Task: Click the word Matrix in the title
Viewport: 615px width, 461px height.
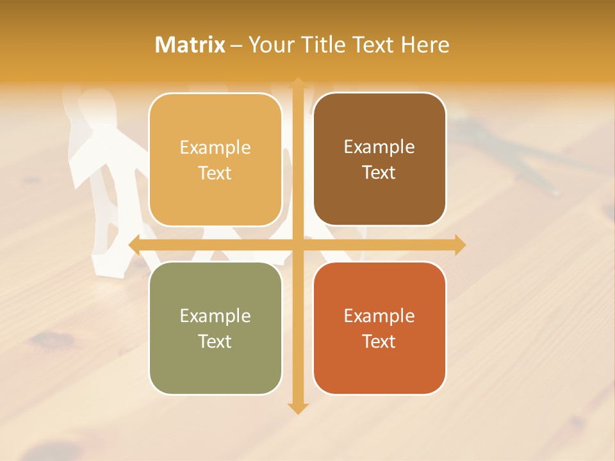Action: click(x=190, y=45)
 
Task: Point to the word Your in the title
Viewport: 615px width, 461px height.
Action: click(x=270, y=45)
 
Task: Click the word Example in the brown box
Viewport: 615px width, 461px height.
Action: click(x=379, y=147)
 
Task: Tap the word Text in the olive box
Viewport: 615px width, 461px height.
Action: click(x=215, y=341)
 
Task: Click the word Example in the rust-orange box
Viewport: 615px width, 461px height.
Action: click(x=379, y=316)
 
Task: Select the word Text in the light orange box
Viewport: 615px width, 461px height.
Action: click(x=215, y=173)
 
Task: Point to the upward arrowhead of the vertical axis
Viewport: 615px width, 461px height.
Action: click(x=297, y=83)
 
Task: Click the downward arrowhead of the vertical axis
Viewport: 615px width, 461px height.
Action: click(x=297, y=408)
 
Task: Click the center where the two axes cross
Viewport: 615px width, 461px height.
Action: click(x=297, y=245)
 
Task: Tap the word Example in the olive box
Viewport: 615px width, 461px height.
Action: click(x=215, y=316)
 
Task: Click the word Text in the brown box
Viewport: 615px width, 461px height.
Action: click(x=379, y=173)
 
